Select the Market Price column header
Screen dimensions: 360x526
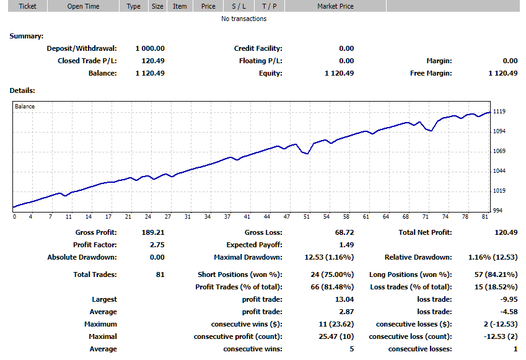tap(336, 6)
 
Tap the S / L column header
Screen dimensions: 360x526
tap(238, 6)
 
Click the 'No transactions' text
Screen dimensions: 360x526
tap(244, 19)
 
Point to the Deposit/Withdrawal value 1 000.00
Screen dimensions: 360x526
tap(150, 48)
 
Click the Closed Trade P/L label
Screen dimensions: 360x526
tap(87, 61)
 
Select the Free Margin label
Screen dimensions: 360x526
tap(431, 73)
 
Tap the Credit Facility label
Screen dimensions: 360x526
tap(258, 48)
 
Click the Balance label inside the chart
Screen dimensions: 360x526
tap(25, 107)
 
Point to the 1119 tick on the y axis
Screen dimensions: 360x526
tap(499, 112)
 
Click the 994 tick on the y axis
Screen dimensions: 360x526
tap(498, 211)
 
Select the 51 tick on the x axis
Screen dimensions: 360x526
tap(306, 217)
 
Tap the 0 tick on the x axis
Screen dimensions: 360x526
tap(14, 217)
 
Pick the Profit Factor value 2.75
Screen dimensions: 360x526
tap(157, 245)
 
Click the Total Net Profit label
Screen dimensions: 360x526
tap(426, 232)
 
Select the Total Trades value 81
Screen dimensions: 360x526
tap(160, 274)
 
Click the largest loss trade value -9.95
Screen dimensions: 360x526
tap(507, 299)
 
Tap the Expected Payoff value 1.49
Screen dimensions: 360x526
tap(346, 245)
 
